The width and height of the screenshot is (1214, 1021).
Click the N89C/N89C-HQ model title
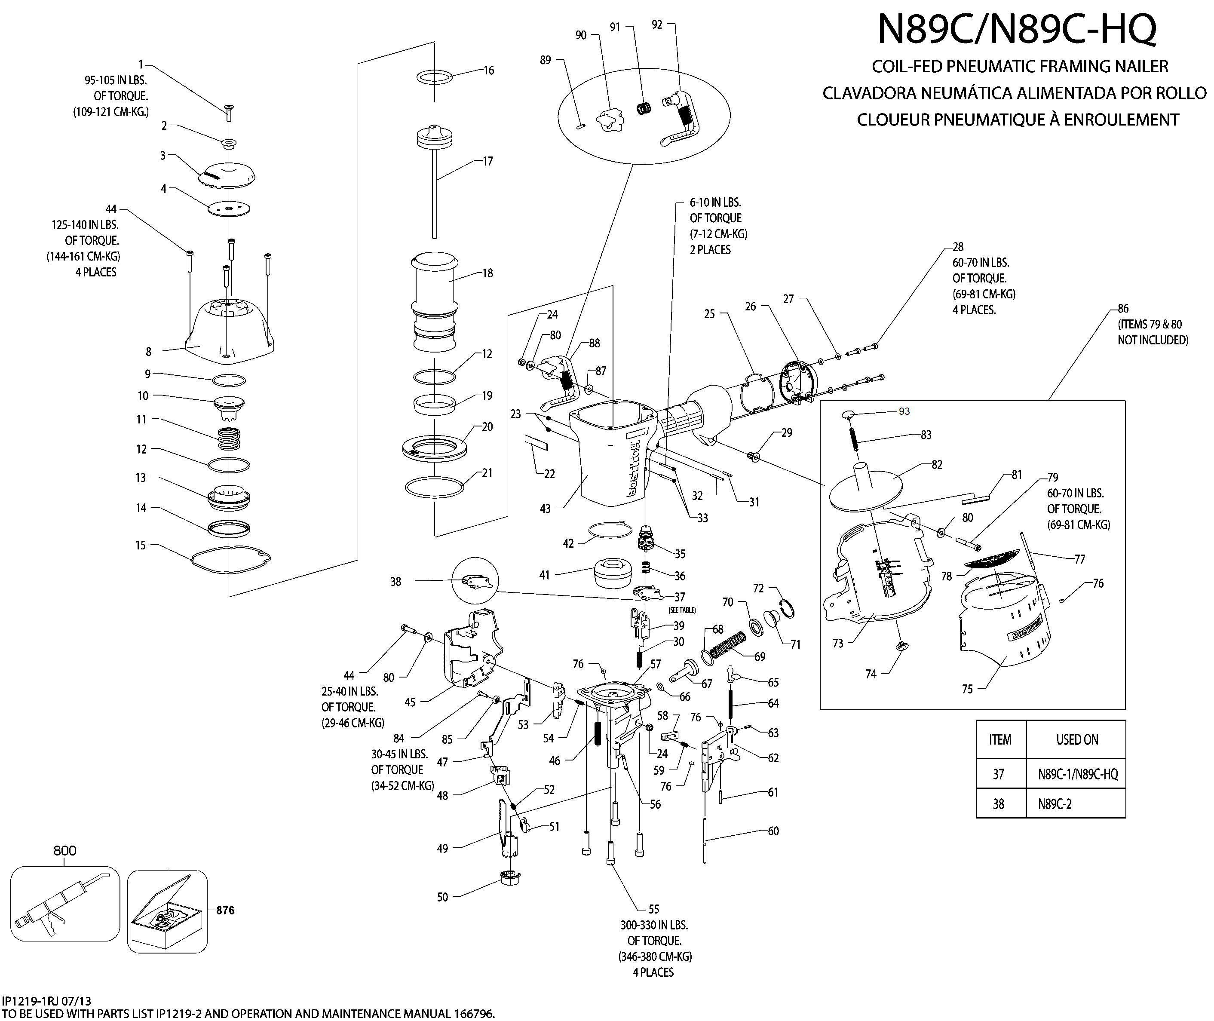click(1017, 29)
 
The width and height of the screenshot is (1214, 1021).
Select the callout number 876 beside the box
click(225, 911)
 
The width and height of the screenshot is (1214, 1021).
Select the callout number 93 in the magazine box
click(904, 411)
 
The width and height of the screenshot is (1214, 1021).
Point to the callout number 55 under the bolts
click(653, 909)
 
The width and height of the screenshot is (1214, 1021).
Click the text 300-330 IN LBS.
click(654, 925)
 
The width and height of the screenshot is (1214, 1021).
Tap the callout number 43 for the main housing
click(545, 509)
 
